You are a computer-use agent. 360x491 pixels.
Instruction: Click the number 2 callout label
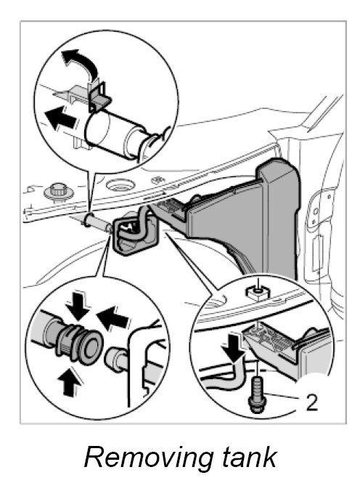click(x=311, y=402)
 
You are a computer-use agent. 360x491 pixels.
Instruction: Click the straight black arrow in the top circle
click(x=61, y=118)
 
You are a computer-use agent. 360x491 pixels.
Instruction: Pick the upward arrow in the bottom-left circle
click(x=69, y=382)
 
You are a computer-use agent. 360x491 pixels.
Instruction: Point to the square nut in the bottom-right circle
click(x=258, y=292)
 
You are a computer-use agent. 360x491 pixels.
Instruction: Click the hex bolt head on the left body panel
click(x=59, y=191)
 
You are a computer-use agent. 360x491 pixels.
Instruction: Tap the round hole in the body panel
click(x=120, y=184)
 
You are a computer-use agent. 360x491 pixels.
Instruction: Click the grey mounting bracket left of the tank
click(x=134, y=233)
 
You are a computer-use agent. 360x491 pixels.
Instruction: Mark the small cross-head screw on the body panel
click(x=158, y=180)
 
